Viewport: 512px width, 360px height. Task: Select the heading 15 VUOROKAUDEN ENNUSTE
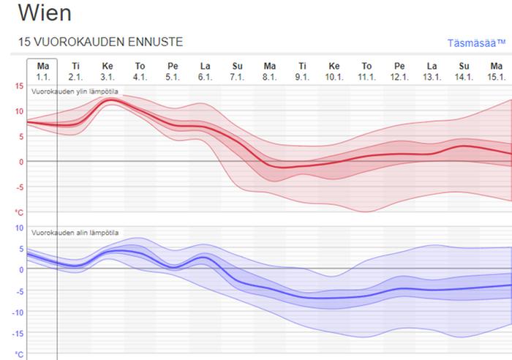100,42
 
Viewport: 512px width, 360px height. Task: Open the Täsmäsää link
475,43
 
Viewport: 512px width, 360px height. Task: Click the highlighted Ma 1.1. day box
42,71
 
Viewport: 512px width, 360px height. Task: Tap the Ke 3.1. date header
108,71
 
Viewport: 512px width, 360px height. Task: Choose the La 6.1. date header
205,71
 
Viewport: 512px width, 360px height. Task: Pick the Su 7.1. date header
237,71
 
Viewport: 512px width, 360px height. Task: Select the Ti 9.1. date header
302,71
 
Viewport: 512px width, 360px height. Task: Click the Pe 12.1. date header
399,71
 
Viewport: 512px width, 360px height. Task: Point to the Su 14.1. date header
464,71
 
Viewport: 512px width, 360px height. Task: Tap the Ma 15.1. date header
497,71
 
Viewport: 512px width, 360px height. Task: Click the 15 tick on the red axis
19,86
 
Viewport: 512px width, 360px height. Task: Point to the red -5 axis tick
19,187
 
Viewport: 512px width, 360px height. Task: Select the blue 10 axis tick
19,228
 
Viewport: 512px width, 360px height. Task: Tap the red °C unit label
19,212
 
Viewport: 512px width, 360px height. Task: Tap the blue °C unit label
19,354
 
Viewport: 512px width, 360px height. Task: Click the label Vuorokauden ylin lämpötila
75,91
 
